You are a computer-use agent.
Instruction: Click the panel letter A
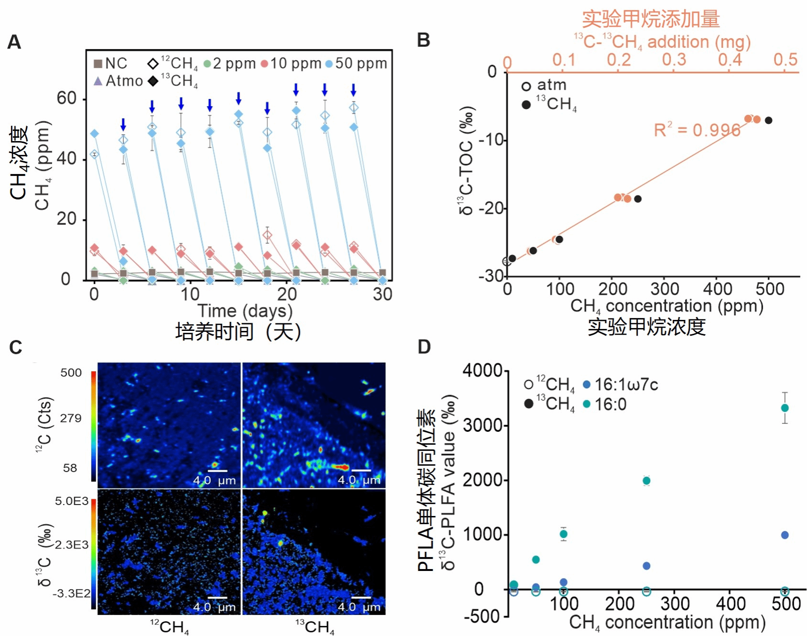14,42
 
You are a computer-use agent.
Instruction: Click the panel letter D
424,347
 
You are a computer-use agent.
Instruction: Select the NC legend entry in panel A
110,64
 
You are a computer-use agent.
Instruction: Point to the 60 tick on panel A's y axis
66,99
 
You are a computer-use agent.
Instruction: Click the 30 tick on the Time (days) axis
382,294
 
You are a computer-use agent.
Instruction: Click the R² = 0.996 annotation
697,130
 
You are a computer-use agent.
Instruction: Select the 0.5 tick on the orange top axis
785,60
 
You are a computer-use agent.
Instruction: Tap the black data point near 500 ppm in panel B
768,120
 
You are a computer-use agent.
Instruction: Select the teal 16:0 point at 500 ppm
785,408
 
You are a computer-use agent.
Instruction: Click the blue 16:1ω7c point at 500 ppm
785,535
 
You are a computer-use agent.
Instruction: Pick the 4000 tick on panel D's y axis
481,371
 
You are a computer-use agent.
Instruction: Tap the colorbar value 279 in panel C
71,418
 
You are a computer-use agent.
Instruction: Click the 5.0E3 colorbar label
72,501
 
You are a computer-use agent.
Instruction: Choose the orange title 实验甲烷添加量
651,19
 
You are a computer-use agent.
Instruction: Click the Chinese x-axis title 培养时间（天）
238,331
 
